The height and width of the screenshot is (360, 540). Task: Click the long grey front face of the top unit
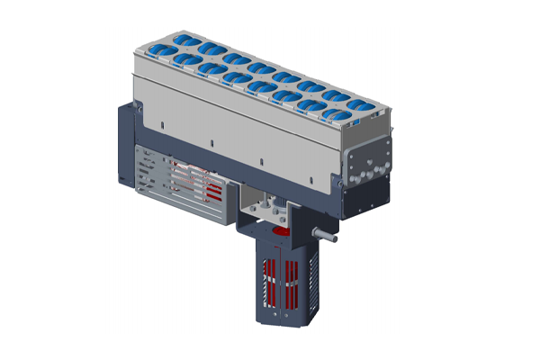coord(234,117)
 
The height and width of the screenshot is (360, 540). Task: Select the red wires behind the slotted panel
coord(202,180)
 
